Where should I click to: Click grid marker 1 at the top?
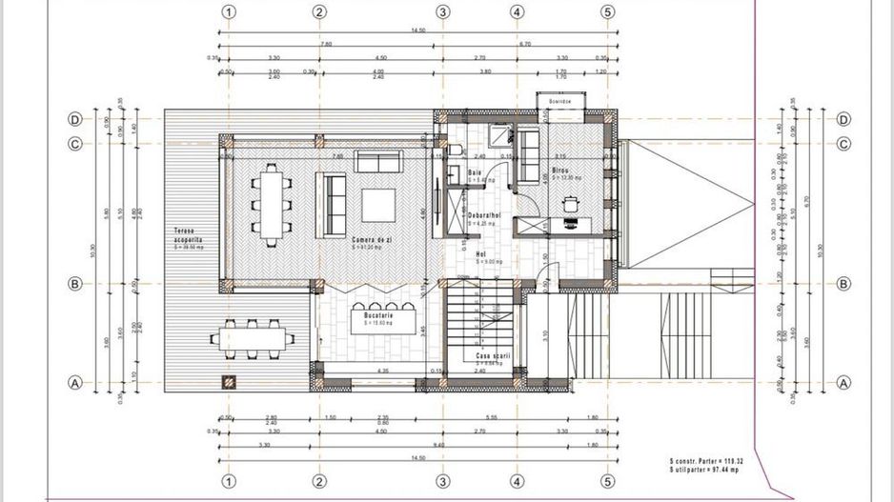tap(228, 12)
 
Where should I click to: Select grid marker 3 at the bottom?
tap(442, 480)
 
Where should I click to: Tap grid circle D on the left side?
tap(74, 119)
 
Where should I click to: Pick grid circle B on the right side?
tap(843, 284)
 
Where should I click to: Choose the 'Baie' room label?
tap(474, 172)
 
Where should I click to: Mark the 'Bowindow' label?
tap(559, 100)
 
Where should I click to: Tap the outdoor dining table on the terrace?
tap(253, 338)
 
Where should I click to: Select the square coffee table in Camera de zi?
tap(378, 204)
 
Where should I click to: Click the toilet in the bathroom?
tap(455, 150)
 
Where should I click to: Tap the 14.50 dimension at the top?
tap(417, 31)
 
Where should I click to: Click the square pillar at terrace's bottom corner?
tap(229, 382)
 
